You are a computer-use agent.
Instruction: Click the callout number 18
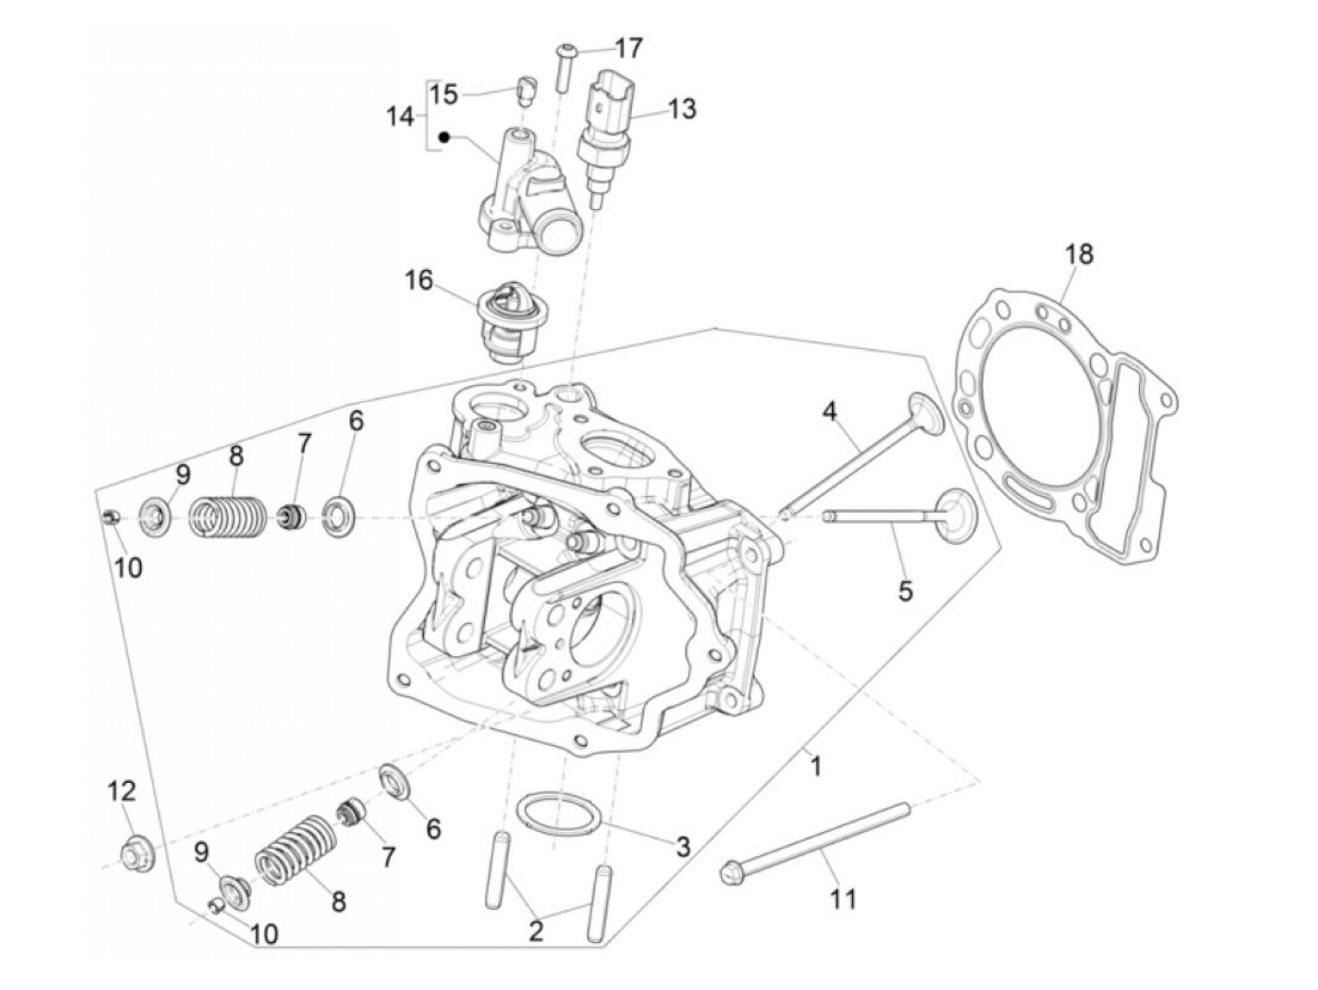coord(1079,254)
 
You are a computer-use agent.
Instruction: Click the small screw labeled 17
coord(563,66)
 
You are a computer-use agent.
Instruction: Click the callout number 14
coord(400,117)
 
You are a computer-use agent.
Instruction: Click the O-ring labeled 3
coord(561,813)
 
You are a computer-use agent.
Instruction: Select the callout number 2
coord(536,932)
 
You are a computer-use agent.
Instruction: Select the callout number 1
coord(816,767)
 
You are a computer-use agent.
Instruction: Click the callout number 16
coord(419,279)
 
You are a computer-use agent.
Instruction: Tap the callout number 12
coord(121,790)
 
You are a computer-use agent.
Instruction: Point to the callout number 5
coord(905,591)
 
